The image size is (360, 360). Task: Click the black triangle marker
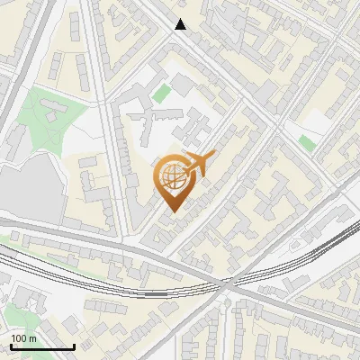coord(181,24)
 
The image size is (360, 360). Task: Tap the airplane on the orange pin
coord(200,163)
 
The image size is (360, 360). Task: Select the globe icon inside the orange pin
coord(171,176)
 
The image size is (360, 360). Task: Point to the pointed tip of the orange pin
coord(171,211)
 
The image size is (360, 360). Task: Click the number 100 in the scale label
coord(18,338)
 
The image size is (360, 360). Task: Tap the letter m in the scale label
coord(32,338)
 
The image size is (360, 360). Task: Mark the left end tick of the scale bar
coord(11,346)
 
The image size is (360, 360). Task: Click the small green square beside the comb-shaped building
coord(161,93)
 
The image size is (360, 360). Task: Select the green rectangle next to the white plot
coord(308,142)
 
